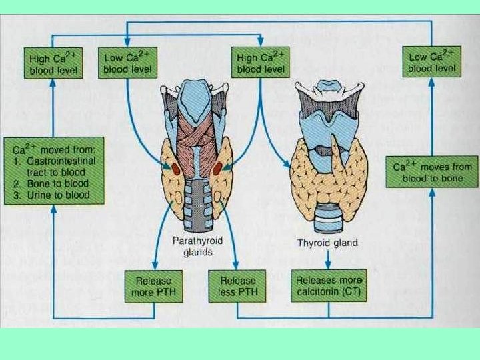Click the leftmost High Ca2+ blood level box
tap(53, 63)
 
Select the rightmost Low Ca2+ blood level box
tap(432, 63)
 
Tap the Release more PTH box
tap(153, 286)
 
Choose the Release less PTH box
tap(237, 286)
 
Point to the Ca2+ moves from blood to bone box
tap(432, 171)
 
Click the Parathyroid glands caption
tap(191, 247)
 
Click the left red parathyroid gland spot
tap(175, 169)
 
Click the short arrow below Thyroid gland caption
tap(327, 259)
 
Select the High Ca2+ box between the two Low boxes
tap(261, 63)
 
